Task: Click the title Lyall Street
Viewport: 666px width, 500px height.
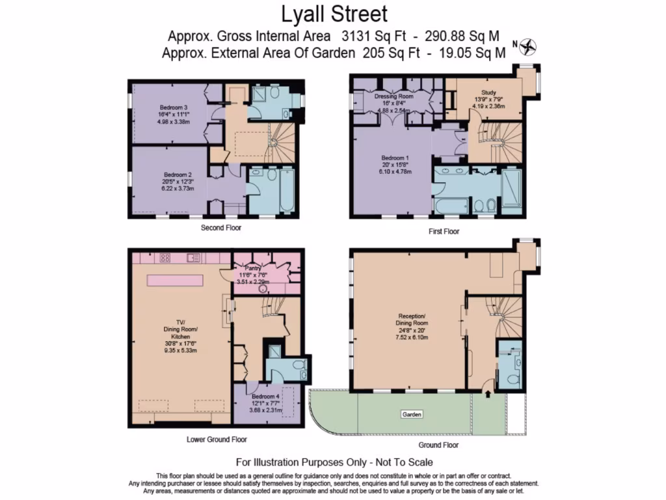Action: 334,14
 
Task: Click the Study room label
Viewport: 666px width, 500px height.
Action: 488,92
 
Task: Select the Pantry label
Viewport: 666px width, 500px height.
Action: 252,267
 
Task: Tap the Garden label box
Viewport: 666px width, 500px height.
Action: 411,414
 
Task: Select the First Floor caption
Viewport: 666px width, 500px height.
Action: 444,232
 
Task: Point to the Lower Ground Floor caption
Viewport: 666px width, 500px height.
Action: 217,439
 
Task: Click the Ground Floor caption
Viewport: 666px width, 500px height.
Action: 438,445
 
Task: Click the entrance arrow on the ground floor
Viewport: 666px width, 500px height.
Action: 488,394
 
